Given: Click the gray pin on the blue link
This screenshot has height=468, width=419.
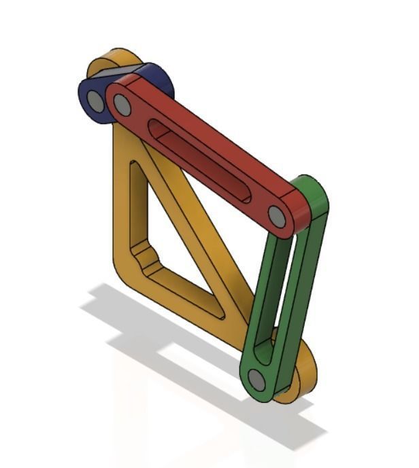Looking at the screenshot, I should [96, 101].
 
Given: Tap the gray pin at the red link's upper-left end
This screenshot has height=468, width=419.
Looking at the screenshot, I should [122, 105].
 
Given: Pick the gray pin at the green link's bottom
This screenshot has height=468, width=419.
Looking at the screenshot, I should [256, 379].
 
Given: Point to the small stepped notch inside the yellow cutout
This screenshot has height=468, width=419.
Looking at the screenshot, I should [142, 255].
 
